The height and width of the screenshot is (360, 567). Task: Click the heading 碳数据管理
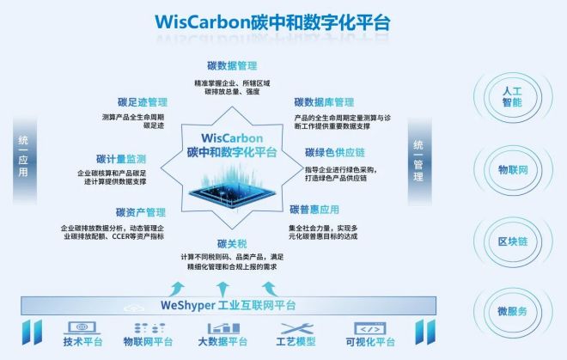232,66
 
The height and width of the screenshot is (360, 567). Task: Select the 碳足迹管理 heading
142,101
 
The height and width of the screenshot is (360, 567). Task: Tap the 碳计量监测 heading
121,159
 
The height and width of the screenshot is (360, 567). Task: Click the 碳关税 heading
232,244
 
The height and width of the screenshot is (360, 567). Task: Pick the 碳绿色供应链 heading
336,153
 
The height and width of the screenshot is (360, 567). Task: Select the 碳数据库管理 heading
324,102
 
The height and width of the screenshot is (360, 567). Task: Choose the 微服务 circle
511,309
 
